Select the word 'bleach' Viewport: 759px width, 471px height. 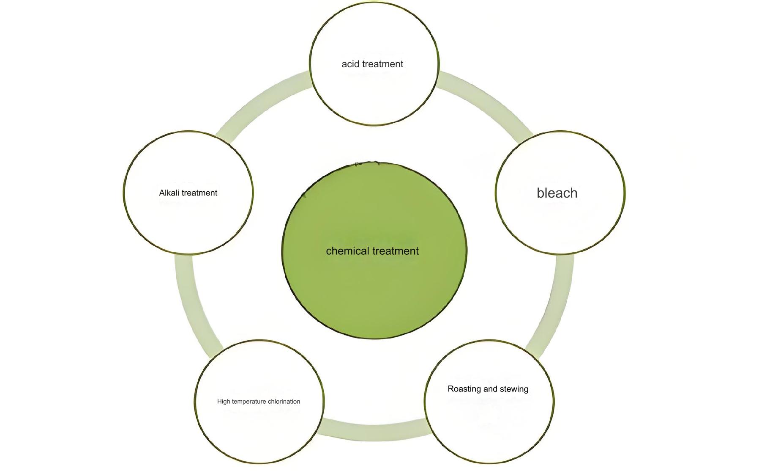[x=557, y=193]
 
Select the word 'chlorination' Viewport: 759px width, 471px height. [x=283, y=402]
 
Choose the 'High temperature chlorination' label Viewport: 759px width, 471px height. [x=259, y=402]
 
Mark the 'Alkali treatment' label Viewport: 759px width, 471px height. [x=188, y=193]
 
